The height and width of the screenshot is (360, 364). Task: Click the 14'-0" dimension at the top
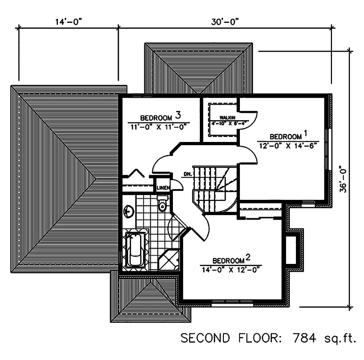click(68, 21)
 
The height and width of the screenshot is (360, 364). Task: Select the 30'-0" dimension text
click(224, 21)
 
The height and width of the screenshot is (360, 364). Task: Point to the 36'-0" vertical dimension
click(342, 179)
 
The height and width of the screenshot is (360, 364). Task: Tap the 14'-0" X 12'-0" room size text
click(231, 270)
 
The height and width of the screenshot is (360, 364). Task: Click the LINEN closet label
click(163, 188)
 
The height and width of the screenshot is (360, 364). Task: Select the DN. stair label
click(188, 174)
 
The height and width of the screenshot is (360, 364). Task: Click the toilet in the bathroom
click(162, 204)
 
